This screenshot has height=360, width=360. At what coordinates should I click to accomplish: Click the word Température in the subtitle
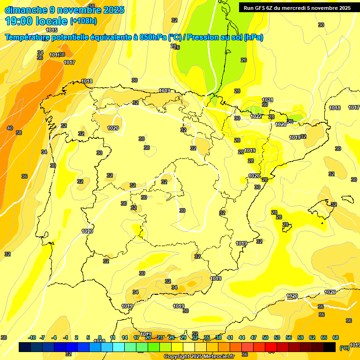(28, 37)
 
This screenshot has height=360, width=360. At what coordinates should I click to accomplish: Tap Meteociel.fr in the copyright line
(216, 357)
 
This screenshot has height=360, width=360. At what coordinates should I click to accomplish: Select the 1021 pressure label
(268, 100)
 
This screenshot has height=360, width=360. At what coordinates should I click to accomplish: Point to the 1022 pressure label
(256, 116)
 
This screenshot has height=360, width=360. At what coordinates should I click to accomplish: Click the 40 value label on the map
(10, 128)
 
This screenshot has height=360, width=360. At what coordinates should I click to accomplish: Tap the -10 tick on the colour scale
(32, 337)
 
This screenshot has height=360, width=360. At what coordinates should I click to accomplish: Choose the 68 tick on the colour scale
(336, 337)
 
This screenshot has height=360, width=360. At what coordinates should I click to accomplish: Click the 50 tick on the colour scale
(265, 337)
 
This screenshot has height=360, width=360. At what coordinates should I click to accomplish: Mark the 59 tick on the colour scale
(300, 337)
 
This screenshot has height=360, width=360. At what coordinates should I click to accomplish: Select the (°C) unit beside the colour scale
(344, 348)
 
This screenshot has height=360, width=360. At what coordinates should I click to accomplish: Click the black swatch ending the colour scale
(330, 347)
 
